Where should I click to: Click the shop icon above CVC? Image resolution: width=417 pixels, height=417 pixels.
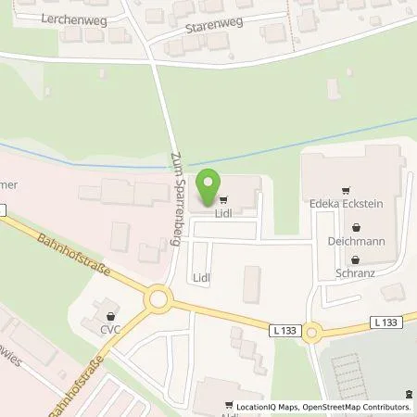click(x=112, y=309)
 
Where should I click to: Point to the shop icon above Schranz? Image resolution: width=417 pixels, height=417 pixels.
click(x=351, y=259)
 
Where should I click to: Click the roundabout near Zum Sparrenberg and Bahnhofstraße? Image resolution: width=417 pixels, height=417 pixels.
click(x=160, y=299)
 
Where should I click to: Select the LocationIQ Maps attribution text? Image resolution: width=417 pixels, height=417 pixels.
click(x=266, y=406)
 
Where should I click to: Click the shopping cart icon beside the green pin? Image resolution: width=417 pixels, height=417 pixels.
click(x=222, y=198)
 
